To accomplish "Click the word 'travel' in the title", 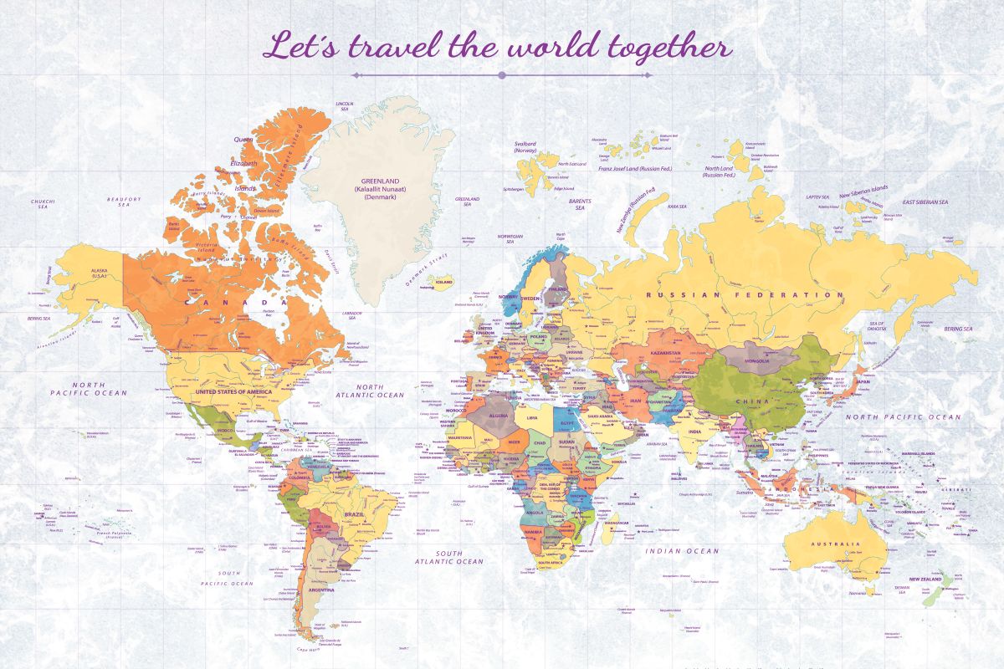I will click(394, 47).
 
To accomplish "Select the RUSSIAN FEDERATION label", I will click(745, 295).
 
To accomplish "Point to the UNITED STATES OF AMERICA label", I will click(233, 391).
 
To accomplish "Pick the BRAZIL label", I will click(354, 514).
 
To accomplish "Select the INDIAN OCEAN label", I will click(682, 551).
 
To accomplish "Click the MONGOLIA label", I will click(756, 361).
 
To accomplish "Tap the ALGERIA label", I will click(498, 416).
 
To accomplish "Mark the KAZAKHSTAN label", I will click(665, 353).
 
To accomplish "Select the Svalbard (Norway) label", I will click(525, 147).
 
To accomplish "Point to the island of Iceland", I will click(442, 282).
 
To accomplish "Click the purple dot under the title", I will click(502, 75).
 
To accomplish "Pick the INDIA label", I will click(694, 432).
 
